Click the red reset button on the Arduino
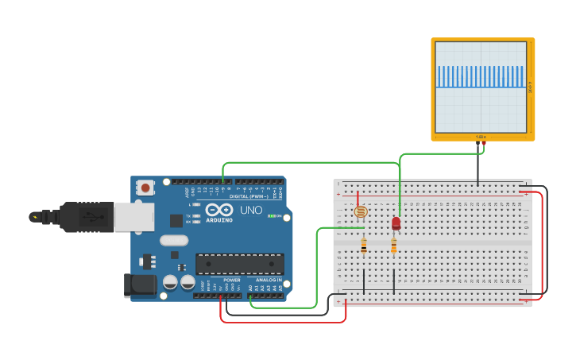coord(145,188)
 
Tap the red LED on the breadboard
coord(396,223)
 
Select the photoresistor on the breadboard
coord(361,212)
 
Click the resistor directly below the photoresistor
coord(364,246)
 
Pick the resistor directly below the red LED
coord(393,246)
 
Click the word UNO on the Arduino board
coord(251,211)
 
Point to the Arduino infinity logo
coord(218,211)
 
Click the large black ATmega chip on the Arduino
coord(240,264)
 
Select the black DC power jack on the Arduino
coord(140,285)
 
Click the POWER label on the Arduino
coord(231,280)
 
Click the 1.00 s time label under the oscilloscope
coord(481,137)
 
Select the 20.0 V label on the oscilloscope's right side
coord(530,87)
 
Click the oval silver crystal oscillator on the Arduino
coord(174,240)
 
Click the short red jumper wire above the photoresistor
coord(358,199)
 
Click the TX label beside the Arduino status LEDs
coord(187,215)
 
